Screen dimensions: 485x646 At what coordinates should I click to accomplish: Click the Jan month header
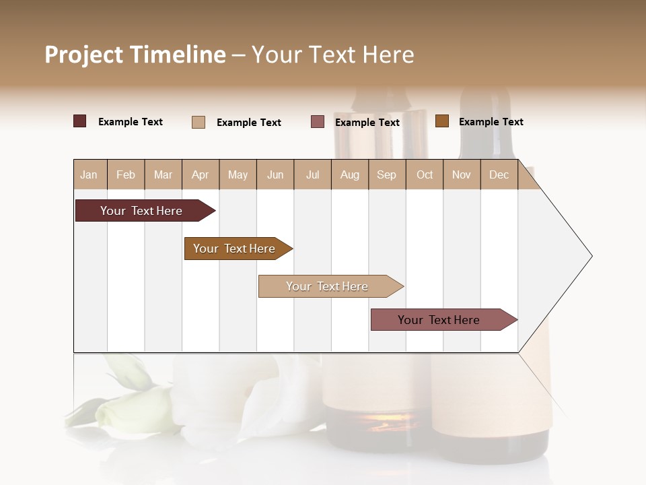coord(89,174)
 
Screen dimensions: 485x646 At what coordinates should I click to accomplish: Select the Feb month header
coord(126,174)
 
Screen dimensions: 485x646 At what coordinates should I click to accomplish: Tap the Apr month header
coord(200,174)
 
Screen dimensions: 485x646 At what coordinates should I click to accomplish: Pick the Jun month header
coord(275,174)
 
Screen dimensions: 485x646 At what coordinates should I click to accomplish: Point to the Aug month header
coord(349,174)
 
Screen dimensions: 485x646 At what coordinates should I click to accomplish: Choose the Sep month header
coord(386,174)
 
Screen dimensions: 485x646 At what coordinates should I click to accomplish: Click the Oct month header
coord(425,174)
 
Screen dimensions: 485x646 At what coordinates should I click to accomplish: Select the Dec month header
coord(499,174)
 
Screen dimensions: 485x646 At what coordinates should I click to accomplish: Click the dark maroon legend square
coord(79,121)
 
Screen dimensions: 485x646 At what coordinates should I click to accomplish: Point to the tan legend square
coord(199,122)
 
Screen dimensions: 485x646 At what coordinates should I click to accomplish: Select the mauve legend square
coord(318,122)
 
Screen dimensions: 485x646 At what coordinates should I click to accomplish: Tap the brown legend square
coord(441,121)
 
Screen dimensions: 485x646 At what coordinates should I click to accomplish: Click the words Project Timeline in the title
coord(135,55)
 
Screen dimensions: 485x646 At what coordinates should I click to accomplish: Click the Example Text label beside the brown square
coord(491,122)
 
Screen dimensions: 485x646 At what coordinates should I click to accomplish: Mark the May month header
coord(238,174)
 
